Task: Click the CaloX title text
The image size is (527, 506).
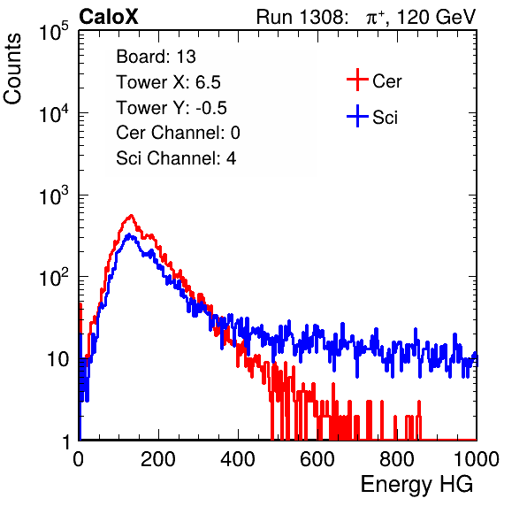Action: [x=109, y=17]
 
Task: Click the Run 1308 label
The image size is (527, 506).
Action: [x=302, y=17]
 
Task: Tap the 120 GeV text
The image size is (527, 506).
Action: [x=436, y=17]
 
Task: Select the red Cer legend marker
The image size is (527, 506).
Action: [x=357, y=80]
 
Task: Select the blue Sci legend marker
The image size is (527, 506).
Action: [x=357, y=116]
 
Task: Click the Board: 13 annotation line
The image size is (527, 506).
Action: [x=156, y=57]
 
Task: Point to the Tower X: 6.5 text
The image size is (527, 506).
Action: [x=168, y=82]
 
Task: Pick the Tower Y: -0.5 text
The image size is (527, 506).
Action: [x=171, y=108]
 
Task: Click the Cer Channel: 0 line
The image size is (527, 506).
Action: [x=178, y=133]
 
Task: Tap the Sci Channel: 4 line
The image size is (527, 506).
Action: [x=176, y=158]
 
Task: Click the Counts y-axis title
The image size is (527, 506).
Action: [x=12, y=69]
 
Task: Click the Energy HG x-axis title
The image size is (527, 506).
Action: [x=416, y=485]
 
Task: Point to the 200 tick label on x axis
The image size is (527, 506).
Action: [x=158, y=459]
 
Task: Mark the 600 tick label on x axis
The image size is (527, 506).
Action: [x=317, y=459]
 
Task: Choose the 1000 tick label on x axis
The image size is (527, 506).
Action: [x=477, y=459]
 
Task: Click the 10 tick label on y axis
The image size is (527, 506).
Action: [x=58, y=359]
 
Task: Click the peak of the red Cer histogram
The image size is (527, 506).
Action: [x=131, y=215]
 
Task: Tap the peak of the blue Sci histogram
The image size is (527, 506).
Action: [x=129, y=234]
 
